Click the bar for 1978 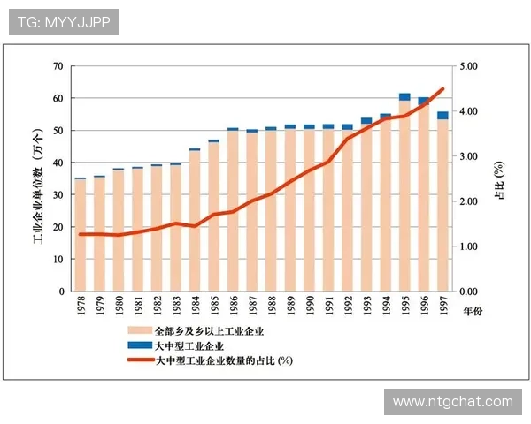81,235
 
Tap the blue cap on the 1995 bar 404,96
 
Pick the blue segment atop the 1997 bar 442,115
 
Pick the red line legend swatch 138,360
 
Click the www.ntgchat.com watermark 452,402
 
